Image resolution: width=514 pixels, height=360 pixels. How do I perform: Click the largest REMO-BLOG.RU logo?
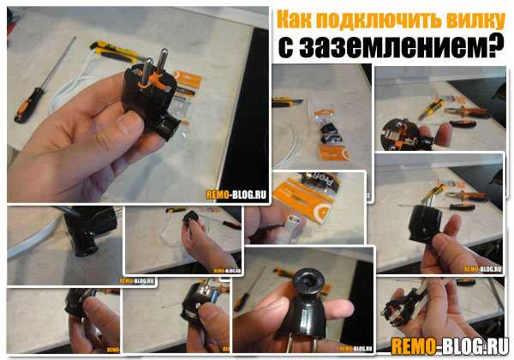point(450,346)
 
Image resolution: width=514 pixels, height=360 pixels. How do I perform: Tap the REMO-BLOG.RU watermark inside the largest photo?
point(236,195)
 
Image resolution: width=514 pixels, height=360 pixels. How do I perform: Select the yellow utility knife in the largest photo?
point(115,51)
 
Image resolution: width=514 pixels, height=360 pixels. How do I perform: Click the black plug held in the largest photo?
point(152,97)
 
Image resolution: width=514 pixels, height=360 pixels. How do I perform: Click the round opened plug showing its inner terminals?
point(398,135)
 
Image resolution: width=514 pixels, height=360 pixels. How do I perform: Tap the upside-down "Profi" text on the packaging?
point(320,183)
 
